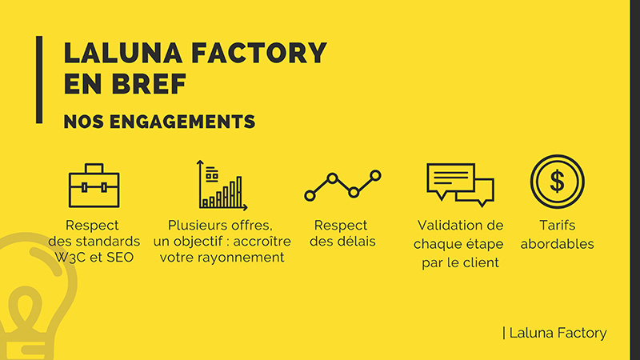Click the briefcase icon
(x=94, y=186)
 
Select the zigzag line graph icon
(x=342, y=185)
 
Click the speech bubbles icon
(x=460, y=184)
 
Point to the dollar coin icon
(x=557, y=180)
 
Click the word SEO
(x=120, y=257)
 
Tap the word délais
(x=355, y=241)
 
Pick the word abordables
(x=557, y=244)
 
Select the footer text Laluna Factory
(x=557, y=333)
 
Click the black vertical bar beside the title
(x=38, y=79)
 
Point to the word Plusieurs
(x=196, y=226)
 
